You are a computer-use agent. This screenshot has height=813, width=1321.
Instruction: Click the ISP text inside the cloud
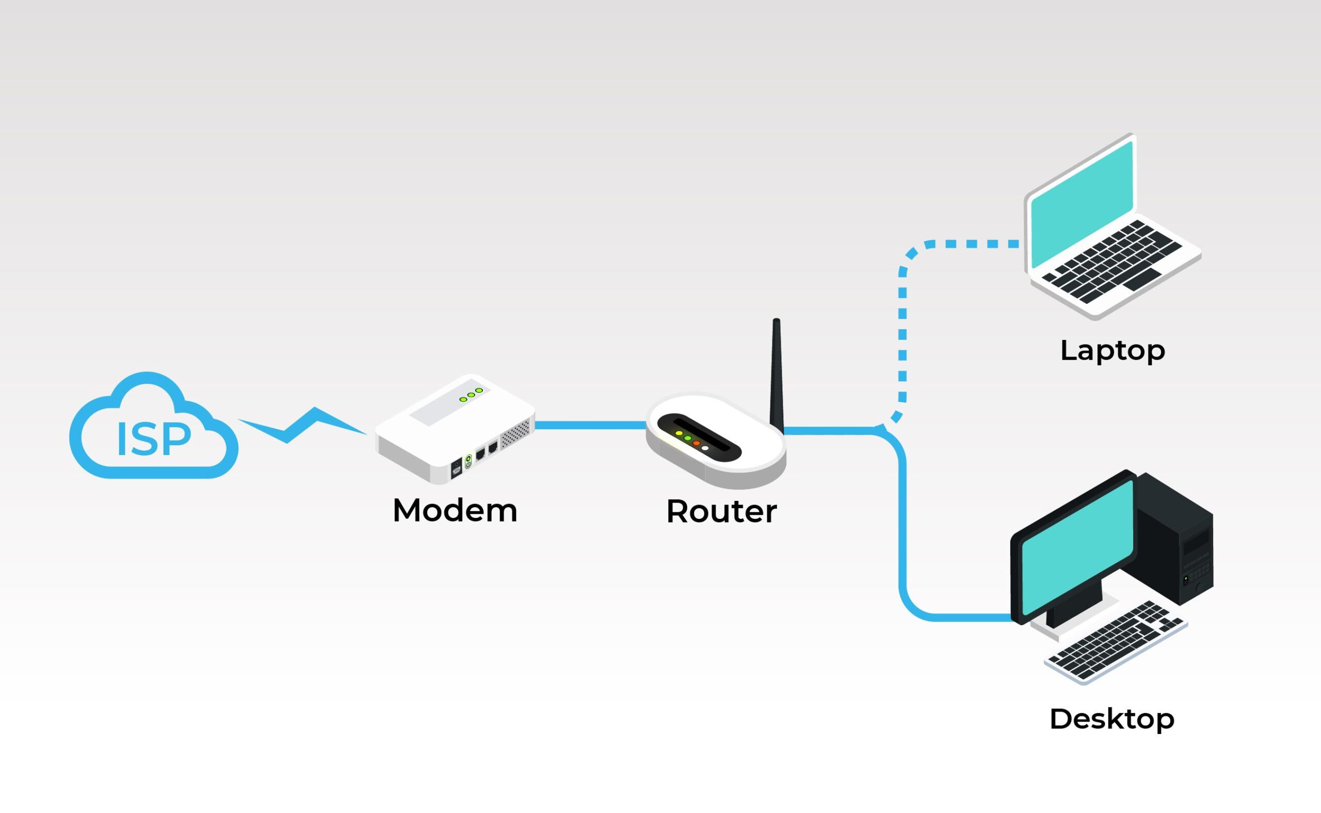tap(153, 440)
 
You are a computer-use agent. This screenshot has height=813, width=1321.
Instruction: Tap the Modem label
tap(455, 510)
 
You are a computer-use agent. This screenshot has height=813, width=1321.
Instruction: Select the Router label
tap(721, 511)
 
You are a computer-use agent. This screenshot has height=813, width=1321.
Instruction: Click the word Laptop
tap(1112, 351)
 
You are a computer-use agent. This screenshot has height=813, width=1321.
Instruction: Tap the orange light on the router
tap(696, 443)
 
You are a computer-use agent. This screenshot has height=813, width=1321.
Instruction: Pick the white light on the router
tap(704, 448)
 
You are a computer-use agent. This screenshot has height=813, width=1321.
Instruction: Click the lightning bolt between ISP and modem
tap(301, 425)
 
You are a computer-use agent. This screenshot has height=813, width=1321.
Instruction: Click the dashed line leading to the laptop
tap(903, 333)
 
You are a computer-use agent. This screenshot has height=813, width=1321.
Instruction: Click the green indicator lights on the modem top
tap(471, 395)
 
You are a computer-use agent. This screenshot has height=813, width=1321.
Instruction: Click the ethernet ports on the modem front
tap(486, 452)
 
